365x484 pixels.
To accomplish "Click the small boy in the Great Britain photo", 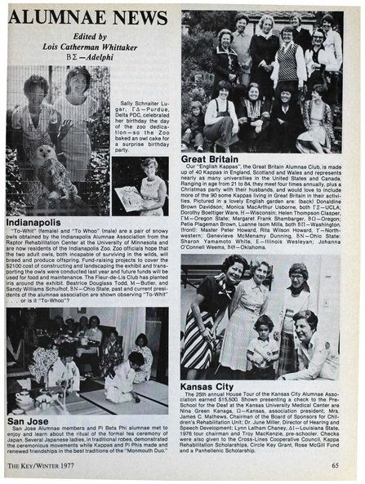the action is pyautogui.click(x=196, y=115).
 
